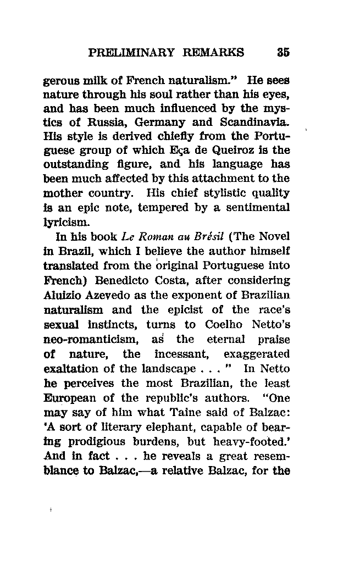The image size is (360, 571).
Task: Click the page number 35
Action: (x=284, y=53)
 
